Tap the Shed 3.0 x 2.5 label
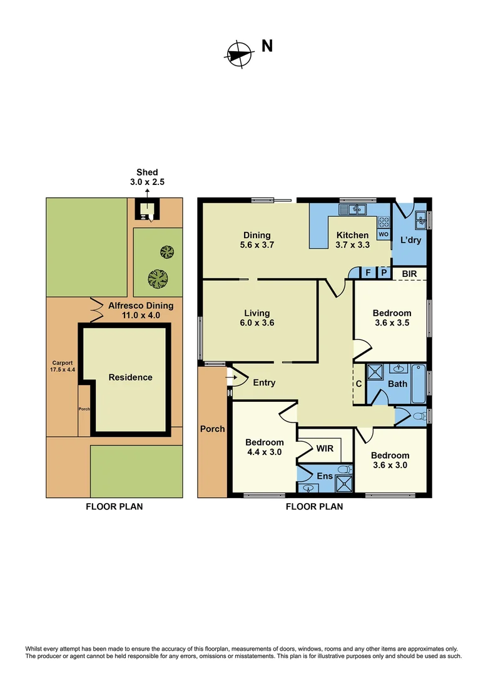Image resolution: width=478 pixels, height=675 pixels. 147,177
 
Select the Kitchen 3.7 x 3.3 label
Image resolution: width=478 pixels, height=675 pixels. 352,240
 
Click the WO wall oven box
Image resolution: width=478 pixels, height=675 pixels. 383,234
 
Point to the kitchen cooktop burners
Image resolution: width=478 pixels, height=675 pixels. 383,221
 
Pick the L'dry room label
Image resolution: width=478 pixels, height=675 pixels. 410,240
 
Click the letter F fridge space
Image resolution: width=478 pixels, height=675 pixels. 367,273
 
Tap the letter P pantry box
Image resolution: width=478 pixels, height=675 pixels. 383,273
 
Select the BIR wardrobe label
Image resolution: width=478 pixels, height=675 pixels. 410,273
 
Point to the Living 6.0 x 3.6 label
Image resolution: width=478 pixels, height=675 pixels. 257,318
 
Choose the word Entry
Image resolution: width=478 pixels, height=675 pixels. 264,382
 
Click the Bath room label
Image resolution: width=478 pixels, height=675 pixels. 398,384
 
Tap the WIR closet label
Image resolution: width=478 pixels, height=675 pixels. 325,448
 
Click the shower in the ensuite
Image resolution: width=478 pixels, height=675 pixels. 344,481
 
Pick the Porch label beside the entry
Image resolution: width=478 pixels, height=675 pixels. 212,429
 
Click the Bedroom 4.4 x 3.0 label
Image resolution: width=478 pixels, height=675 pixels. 263,447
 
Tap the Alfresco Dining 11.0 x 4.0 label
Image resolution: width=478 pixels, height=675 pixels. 135,311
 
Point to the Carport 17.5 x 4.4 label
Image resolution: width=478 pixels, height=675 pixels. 62,366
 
